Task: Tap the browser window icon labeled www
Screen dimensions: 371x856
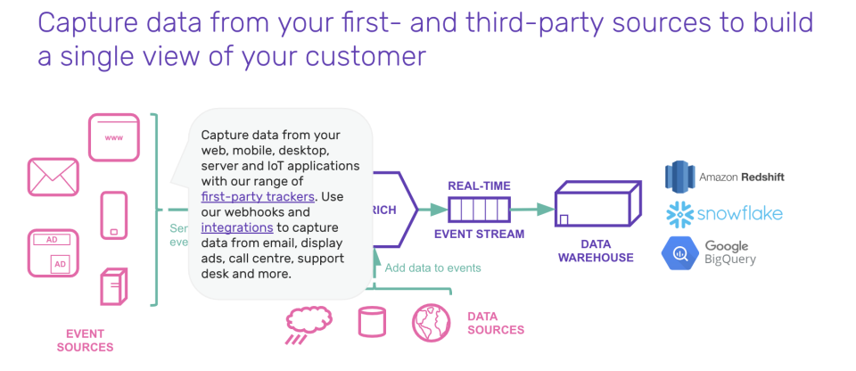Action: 114,136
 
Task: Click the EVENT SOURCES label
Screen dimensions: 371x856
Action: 85,340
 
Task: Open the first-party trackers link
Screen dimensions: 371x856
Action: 258,196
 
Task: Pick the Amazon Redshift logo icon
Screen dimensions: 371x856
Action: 679,177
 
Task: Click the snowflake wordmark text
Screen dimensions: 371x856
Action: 739,214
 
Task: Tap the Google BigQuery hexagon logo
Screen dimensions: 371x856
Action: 679,251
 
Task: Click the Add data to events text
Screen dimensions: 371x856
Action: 433,268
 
